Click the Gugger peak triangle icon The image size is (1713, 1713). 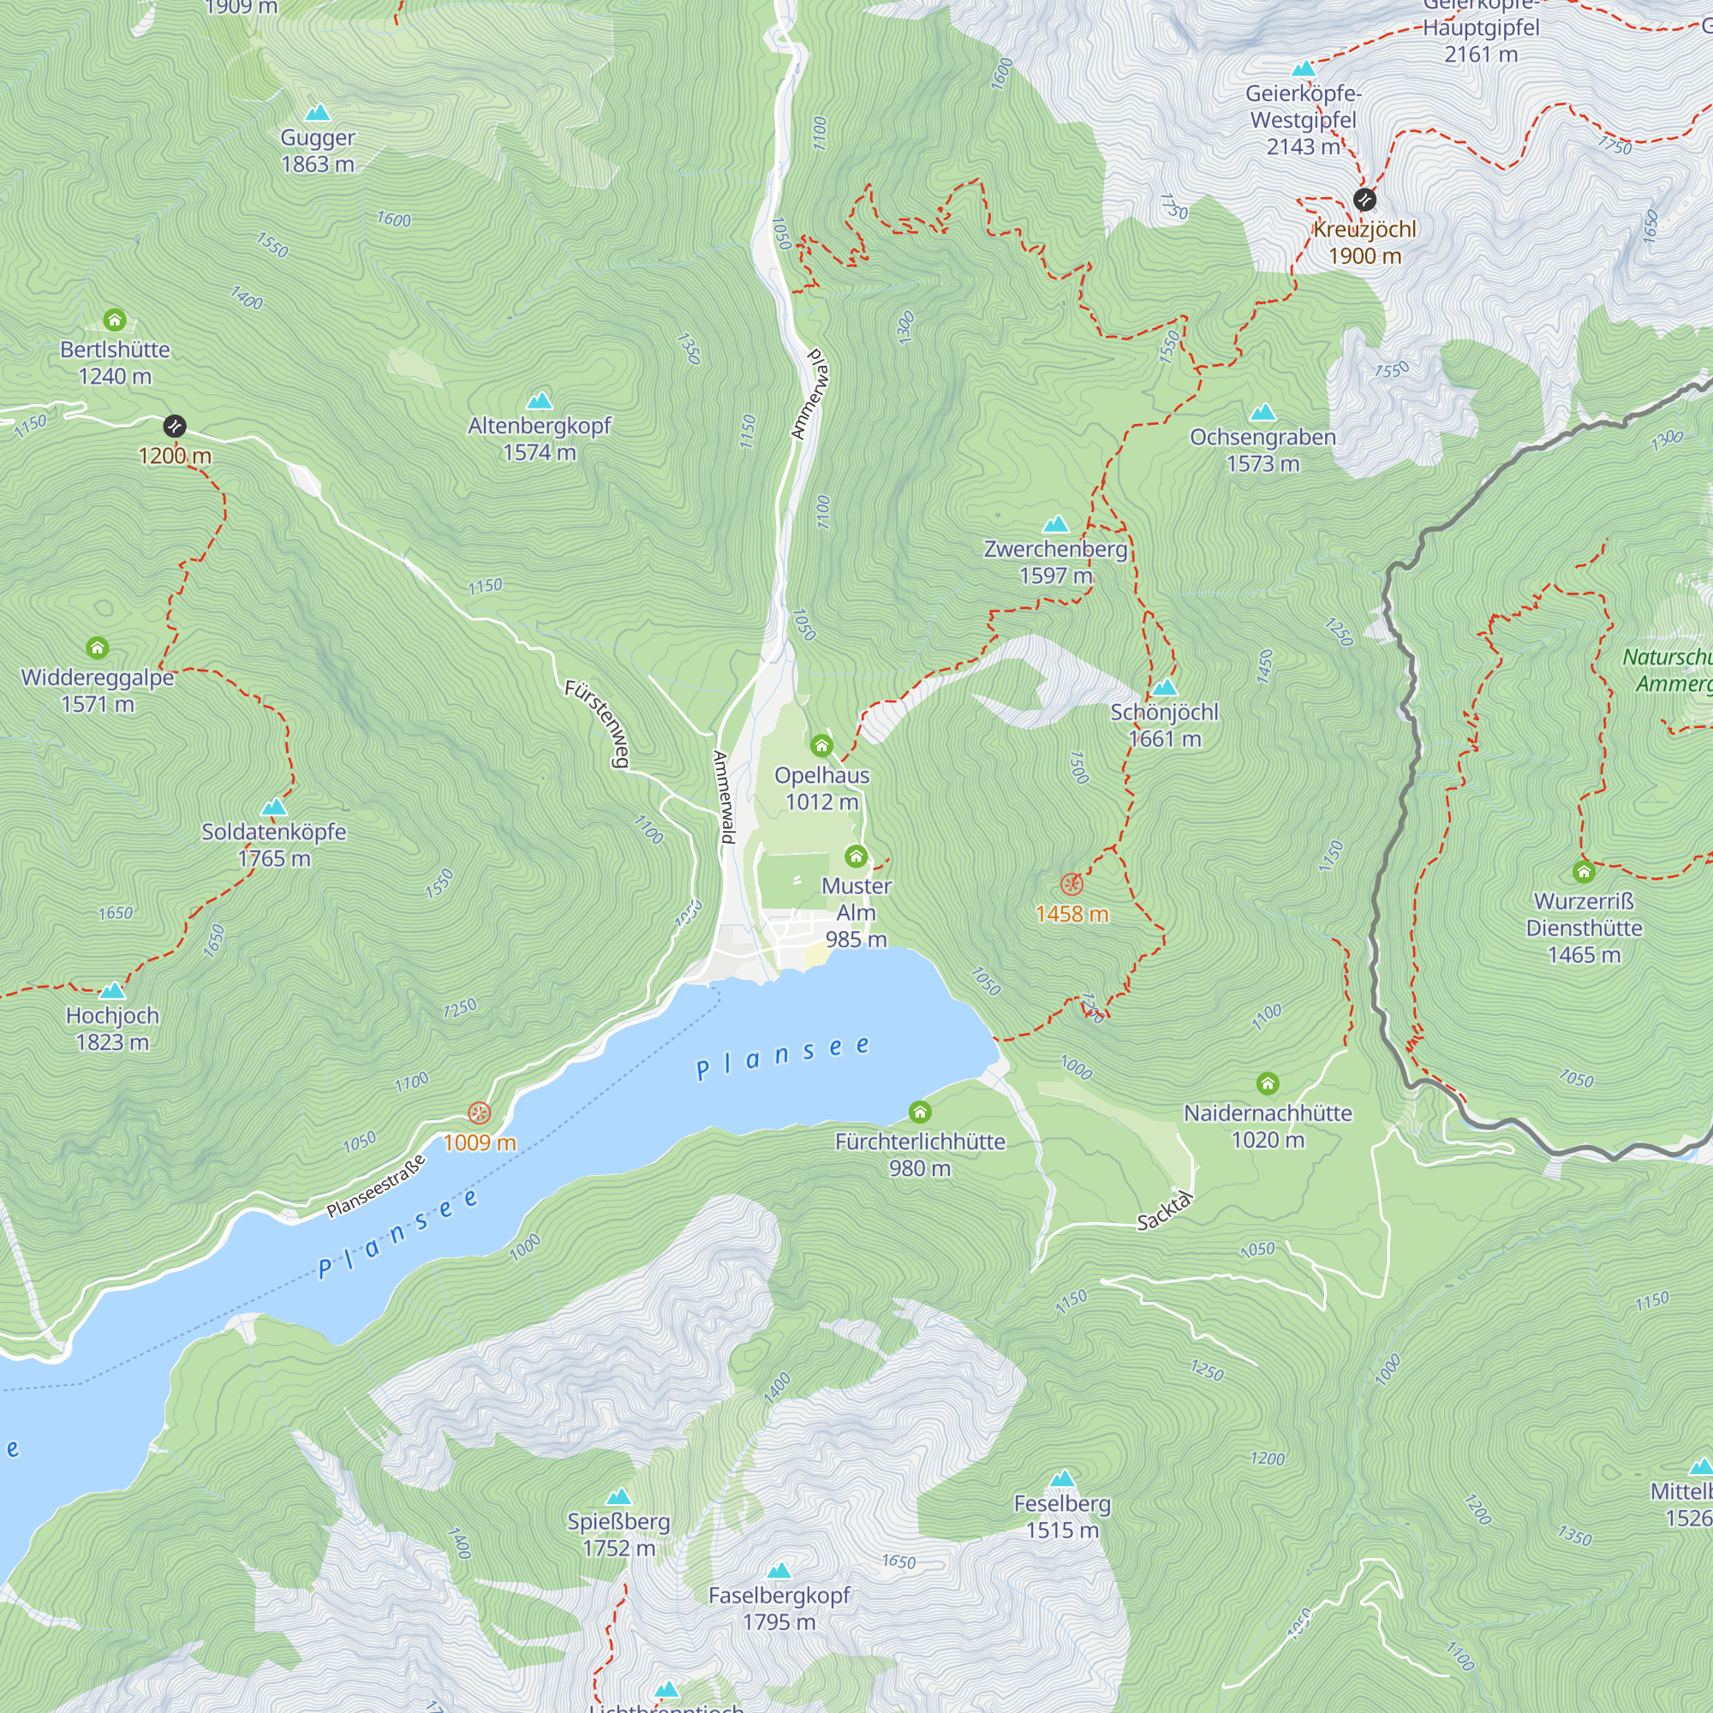coord(318,112)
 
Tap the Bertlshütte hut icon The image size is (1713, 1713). coord(115,319)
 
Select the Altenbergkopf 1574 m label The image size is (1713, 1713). coord(539,438)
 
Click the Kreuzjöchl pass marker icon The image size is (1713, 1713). coord(1364,199)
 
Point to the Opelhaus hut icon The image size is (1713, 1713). coord(822,745)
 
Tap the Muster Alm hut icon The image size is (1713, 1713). coord(856,856)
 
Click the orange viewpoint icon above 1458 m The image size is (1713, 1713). coord(1072,884)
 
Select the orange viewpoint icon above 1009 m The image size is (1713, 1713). coord(479,1113)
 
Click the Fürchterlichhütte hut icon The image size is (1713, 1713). coord(919,1112)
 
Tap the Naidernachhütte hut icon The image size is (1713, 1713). coord(1268,1083)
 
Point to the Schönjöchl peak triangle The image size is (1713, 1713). coord(1164,687)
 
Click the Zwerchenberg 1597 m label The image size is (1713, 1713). coord(1055,561)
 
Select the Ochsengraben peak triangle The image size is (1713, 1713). coord(1262,412)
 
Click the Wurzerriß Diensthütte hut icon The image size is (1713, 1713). coord(1584,872)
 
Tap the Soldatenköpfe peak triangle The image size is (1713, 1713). coord(274,807)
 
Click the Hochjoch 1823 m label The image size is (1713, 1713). coord(112,1028)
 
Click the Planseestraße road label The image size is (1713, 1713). coord(376,1185)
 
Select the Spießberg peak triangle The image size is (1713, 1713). coord(618,1497)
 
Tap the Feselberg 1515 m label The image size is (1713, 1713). coord(1062,1516)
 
